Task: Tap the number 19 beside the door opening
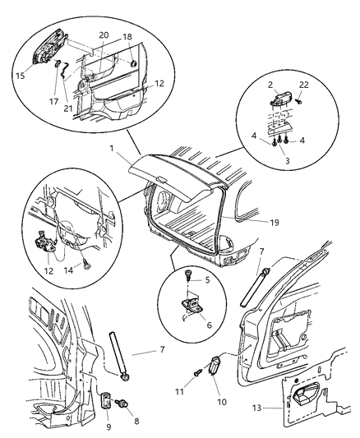[x=261, y=221]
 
